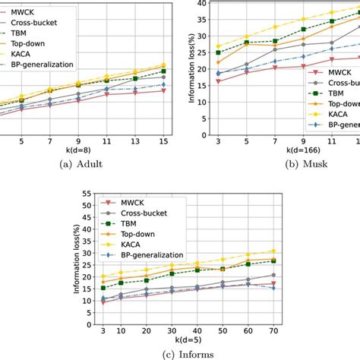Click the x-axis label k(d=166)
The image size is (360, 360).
pyautogui.click(x=282, y=147)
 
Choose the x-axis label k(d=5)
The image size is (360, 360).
pyautogui.click(x=179, y=335)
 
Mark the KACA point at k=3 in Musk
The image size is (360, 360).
pyautogui.click(x=219, y=46)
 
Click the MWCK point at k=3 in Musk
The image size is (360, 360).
pyautogui.click(x=219, y=81)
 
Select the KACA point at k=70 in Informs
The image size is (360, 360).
pyautogui.click(x=273, y=251)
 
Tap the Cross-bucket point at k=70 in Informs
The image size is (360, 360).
pyautogui.click(x=273, y=275)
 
